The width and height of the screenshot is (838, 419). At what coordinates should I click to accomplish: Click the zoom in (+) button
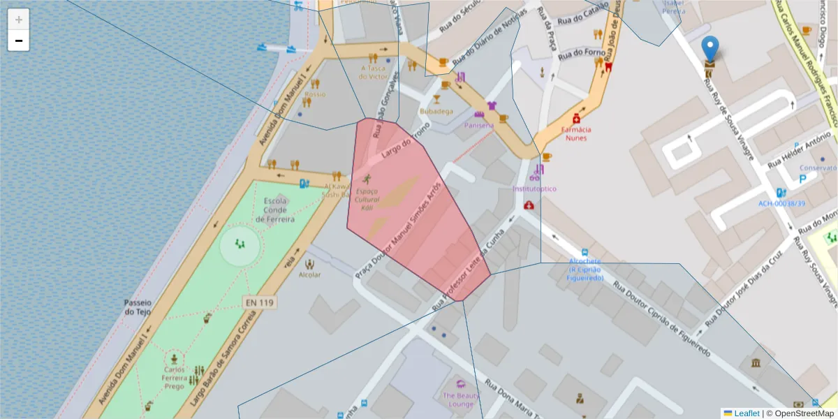pos(19,20)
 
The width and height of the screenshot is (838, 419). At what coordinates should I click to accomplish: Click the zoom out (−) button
pos(19,41)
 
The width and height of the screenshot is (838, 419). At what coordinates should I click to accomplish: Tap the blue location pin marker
pos(710,48)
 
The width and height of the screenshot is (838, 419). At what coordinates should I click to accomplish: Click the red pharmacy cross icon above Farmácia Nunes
pos(577,119)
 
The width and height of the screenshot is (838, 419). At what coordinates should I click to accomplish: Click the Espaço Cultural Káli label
pos(367,199)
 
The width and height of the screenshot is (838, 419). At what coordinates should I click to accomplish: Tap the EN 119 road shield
pos(260,302)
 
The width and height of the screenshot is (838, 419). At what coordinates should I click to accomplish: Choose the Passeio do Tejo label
pos(138,307)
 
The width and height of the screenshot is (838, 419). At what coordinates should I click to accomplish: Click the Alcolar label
pos(309,274)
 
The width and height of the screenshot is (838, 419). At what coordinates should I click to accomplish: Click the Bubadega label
pos(436,111)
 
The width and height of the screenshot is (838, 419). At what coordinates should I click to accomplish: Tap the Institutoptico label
pos(534,189)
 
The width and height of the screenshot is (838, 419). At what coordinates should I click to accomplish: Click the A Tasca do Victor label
pos(373,72)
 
